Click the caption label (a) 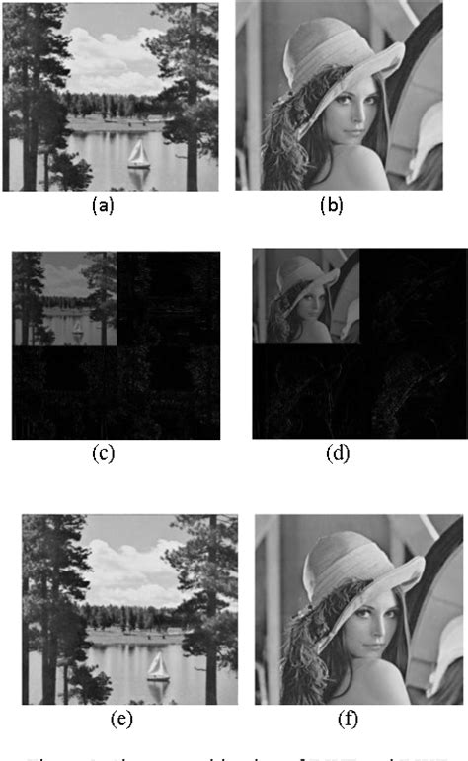[x=103, y=206]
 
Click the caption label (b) [x=331, y=206]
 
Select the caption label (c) [x=103, y=454]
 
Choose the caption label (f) [x=349, y=719]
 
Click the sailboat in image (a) [x=140, y=156]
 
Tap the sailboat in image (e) [x=158, y=668]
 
